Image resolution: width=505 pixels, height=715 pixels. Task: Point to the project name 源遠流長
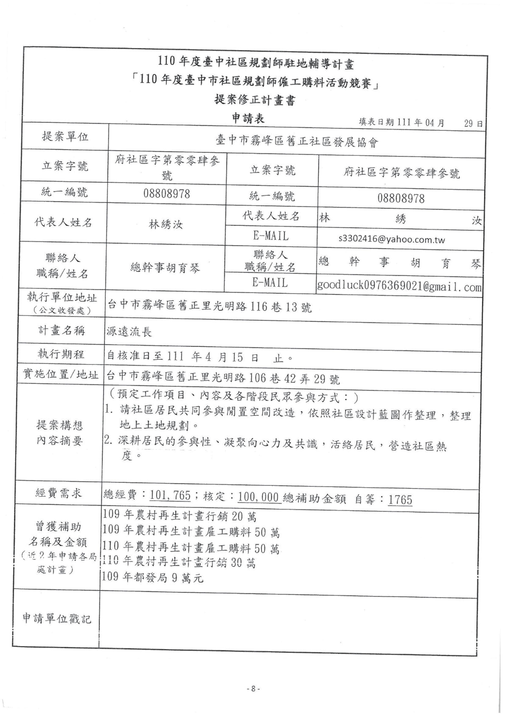(x=129, y=332)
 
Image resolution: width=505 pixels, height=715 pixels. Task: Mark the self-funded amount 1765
(x=400, y=500)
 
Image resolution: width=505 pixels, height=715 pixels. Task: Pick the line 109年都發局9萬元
(x=153, y=578)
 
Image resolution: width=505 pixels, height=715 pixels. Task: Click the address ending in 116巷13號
(x=209, y=307)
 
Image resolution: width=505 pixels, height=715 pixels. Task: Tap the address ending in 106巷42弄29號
(x=223, y=378)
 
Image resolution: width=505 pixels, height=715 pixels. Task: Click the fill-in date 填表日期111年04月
(x=401, y=122)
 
